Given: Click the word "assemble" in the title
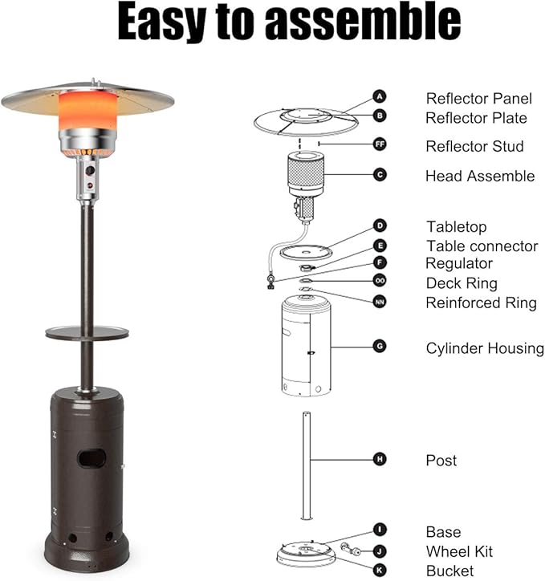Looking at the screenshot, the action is click(x=363, y=21).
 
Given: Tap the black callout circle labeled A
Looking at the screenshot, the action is click(x=380, y=97).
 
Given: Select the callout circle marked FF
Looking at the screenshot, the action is click(x=380, y=144).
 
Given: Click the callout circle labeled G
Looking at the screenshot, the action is click(x=380, y=347).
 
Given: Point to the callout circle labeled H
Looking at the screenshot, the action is click(x=380, y=460).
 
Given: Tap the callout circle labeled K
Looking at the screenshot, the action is click(x=380, y=571).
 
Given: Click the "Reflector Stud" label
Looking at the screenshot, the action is click(x=474, y=146).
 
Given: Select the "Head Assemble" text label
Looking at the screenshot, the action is click(x=480, y=176).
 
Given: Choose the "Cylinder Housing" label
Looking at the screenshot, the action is click(x=485, y=348).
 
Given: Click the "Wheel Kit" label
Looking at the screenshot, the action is click(x=459, y=551).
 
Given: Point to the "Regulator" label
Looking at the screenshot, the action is click(x=459, y=264).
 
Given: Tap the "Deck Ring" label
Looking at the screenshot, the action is click(x=462, y=283).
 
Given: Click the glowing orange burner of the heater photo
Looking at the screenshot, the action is click(x=87, y=111).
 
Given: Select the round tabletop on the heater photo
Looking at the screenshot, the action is click(x=87, y=332).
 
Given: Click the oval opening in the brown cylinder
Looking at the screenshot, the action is click(x=92, y=458).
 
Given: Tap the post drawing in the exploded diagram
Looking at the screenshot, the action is click(x=307, y=465).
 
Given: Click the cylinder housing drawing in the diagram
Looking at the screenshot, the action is click(x=306, y=346).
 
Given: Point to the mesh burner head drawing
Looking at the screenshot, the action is click(x=306, y=173).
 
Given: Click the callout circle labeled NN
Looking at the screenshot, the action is click(x=380, y=302).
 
